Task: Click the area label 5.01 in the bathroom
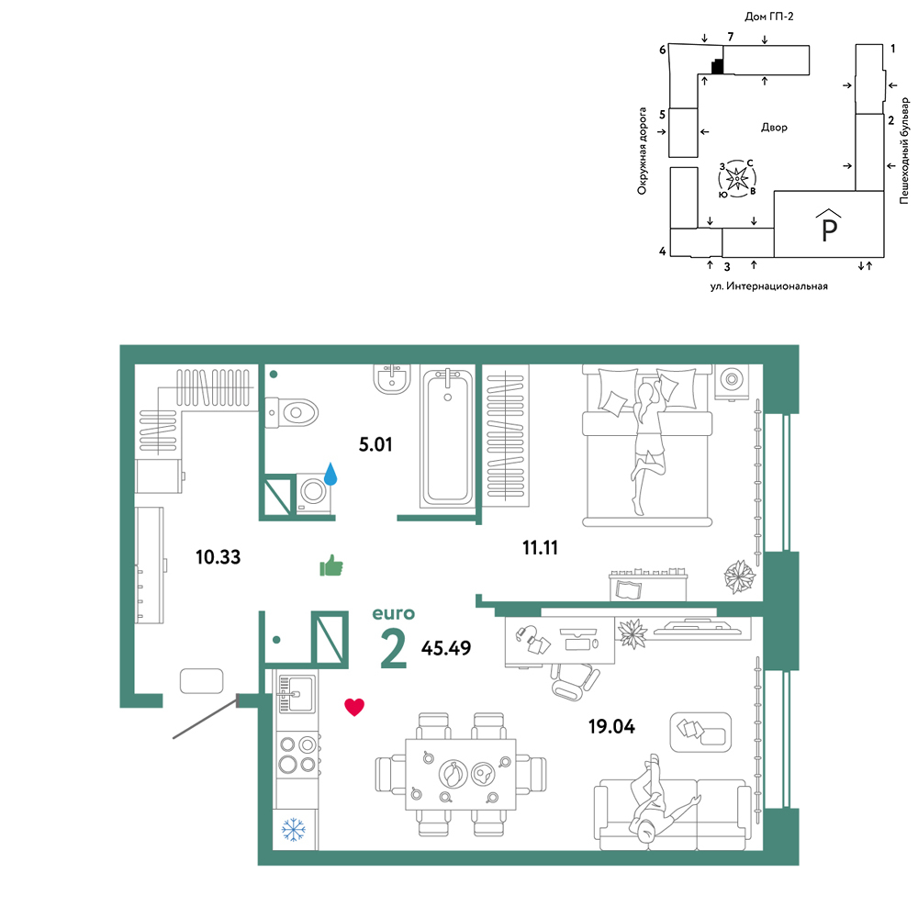click(x=375, y=444)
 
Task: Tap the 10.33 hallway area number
click(x=218, y=557)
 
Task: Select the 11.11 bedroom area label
click(x=540, y=548)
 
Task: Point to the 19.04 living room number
click(x=611, y=726)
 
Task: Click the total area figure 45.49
click(x=446, y=648)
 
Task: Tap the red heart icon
click(x=354, y=707)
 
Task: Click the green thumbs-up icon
click(x=331, y=565)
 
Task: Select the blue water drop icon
click(x=330, y=474)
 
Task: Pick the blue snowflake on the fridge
click(x=294, y=830)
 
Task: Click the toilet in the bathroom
click(x=291, y=412)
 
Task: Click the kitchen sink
click(x=297, y=694)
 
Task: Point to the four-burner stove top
click(x=297, y=754)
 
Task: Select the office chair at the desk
click(x=575, y=681)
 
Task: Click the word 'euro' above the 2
click(x=394, y=613)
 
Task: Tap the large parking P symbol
click(x=830, y=226)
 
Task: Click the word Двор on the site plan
click(x=774, y=127)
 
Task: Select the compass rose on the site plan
click(x=738, y=178)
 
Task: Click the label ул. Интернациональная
click(x=768, y=286)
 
